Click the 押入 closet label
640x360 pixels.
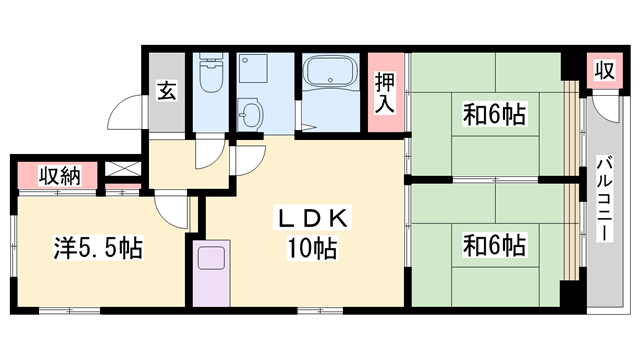[x=384, y=93]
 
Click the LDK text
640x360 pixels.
[x=311, y=219]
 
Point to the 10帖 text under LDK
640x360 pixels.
[x=311, y=247]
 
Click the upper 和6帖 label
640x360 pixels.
[x=495, y=116]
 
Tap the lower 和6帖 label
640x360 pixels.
[x=494, y=243]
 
